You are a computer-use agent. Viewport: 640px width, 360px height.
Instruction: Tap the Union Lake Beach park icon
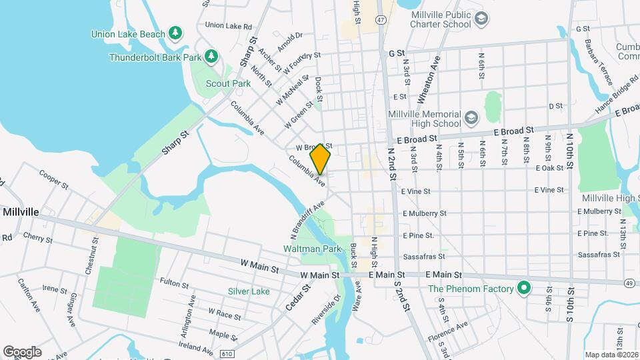coord(175,32)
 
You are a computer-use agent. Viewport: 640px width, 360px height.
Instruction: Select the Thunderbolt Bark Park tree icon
coord(211,57)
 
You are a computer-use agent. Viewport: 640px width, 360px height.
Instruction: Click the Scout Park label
coord(228,83)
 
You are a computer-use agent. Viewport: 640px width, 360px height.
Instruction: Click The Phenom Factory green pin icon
coord(524,289)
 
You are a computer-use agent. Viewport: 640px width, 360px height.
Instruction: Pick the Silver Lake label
coord(249,291)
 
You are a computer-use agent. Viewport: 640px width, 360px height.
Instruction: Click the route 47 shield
coord(380,21)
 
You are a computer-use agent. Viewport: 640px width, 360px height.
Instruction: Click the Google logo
coord(22,351)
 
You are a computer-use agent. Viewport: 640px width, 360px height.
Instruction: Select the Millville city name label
coord(22,211)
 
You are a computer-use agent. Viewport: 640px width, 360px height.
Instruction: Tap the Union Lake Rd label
coord(229,25)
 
